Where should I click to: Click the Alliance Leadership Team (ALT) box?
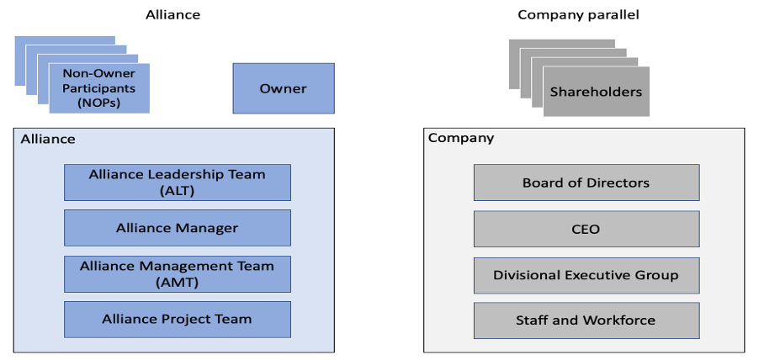click(177, 183)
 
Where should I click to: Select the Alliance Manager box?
click(177, 228)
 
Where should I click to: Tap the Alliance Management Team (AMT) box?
click(177, 273)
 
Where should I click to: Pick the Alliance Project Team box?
click(177, 319)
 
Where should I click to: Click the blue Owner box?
click(283, 88)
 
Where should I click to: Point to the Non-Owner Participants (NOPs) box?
click(99, 87)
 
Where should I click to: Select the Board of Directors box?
click(586, 183)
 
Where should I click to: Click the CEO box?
click(586, 229)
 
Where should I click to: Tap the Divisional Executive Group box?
click(586, 274)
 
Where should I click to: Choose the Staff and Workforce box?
click(586, 320)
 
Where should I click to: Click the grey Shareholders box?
click(596, 92)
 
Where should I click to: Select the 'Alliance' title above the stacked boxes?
click(172, 14)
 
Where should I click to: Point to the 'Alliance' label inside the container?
click(47, 139)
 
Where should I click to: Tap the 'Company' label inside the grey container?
click(460, 138)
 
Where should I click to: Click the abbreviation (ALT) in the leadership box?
click(177, 191)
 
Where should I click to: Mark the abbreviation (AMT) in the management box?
click(177, 282)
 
